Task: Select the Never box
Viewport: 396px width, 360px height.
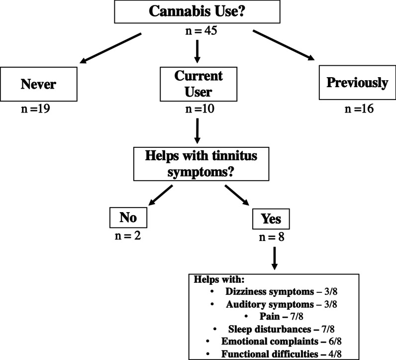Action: pos(38,84)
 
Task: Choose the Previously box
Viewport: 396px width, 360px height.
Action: pos(357,83)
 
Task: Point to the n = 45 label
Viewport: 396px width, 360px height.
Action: pos(198,33)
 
